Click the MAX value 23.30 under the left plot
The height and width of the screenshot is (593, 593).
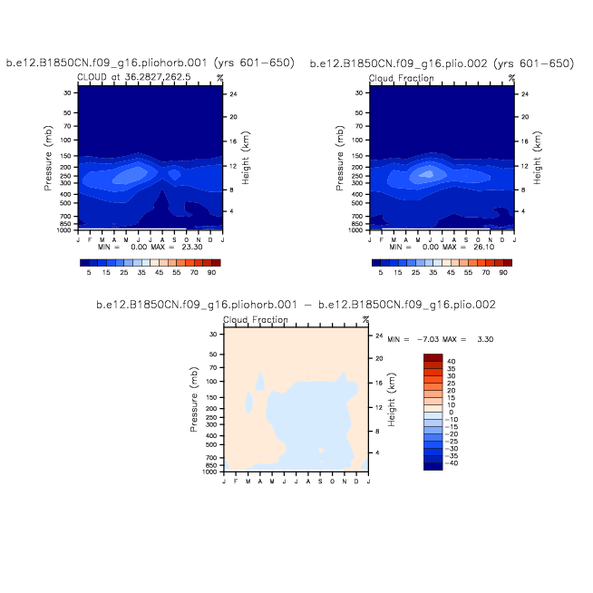click(199, 247)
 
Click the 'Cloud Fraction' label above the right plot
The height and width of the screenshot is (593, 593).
click(401, 79)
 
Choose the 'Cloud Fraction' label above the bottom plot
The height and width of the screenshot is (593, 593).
click(256, 320)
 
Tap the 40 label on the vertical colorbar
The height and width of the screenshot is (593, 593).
click(450, 361)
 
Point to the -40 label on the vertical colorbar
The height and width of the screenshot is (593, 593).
click(452, 462)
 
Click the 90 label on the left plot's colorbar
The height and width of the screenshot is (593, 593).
click(212, 272)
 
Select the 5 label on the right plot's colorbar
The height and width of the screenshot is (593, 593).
click(381, 272)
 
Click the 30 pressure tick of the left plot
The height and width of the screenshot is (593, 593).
click(67, 93)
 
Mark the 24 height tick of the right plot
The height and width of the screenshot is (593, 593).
click(526, 94)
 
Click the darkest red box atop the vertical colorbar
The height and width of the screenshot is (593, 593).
click(433, 357)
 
